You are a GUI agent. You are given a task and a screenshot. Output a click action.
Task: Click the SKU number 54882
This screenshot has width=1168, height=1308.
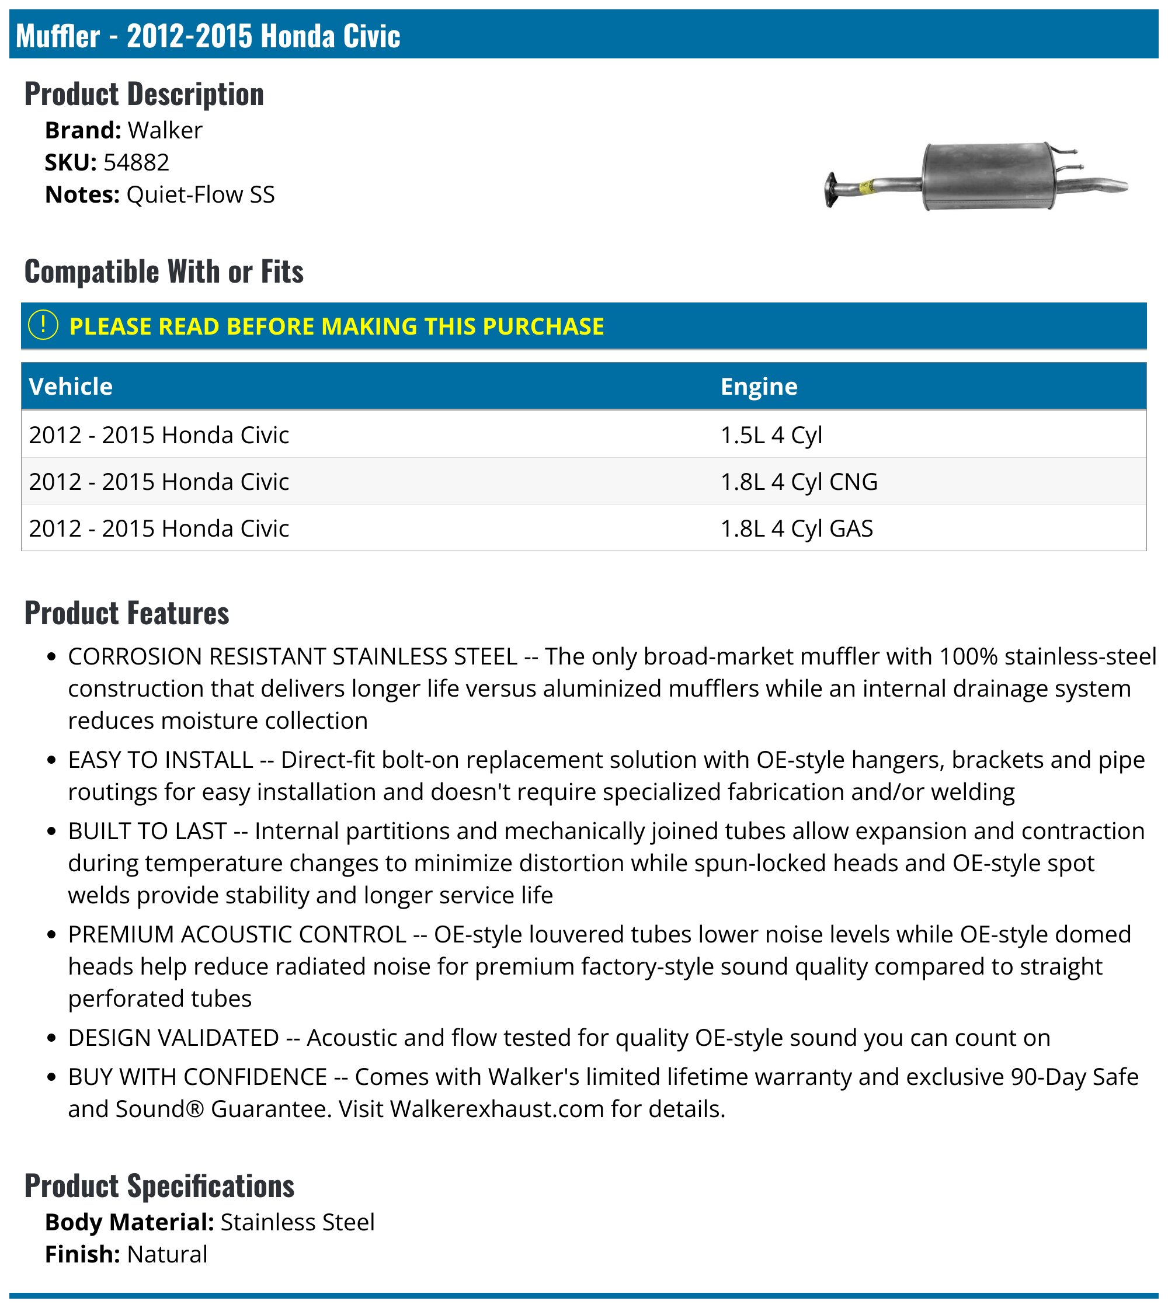[136, 162]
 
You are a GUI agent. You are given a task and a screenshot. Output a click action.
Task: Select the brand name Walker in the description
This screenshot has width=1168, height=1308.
[165, 130]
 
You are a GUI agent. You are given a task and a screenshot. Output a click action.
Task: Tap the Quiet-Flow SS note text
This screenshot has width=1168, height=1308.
[200, 194]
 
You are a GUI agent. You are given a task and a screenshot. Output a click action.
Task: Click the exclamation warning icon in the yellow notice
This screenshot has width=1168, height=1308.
[43, 325]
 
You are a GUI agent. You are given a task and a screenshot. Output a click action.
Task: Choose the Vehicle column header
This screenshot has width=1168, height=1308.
[71, 387]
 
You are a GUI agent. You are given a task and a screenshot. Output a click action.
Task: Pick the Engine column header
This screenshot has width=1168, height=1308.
[759, 387]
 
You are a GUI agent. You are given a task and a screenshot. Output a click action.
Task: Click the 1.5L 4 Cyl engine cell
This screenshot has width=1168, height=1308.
[771, 435]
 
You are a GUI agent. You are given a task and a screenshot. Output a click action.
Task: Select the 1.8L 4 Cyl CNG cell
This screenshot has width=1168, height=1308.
[798, 482]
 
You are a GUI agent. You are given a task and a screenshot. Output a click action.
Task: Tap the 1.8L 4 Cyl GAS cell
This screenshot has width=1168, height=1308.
[797, 529]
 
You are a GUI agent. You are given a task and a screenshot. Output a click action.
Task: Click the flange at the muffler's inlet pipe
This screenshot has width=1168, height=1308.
[832, 190]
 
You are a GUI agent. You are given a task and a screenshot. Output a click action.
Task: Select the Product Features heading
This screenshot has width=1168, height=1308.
[126, 613]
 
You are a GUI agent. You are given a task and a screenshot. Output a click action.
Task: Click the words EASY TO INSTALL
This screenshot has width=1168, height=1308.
[161, 760]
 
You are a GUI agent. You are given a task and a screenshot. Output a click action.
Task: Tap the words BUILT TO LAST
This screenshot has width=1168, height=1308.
[148, 831]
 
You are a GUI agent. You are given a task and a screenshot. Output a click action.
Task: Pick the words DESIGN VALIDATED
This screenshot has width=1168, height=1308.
[173, 1038]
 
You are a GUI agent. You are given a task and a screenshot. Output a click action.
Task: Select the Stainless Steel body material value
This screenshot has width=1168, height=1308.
[297, 1223]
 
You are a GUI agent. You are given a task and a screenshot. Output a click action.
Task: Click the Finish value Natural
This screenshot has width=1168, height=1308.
[167, 1255]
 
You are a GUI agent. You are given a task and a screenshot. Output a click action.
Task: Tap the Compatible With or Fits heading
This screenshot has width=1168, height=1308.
[164, 272]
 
